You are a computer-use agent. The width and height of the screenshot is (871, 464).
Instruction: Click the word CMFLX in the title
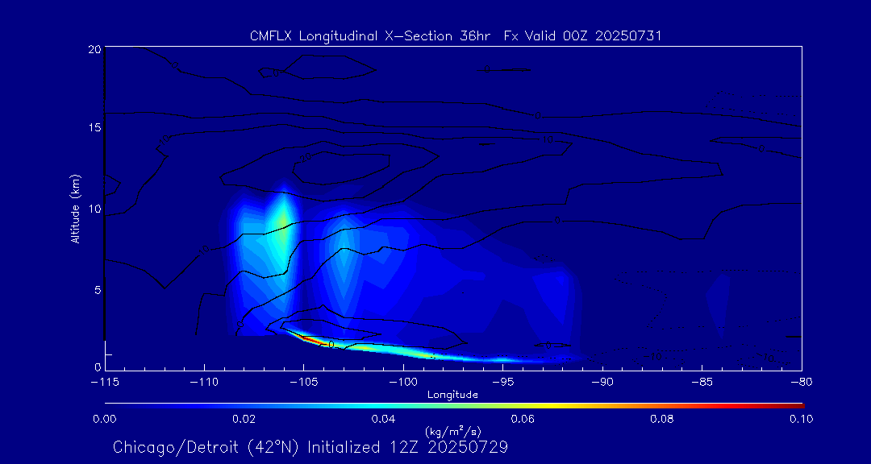[x=273, y=36]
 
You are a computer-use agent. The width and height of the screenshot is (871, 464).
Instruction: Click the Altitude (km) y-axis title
[x=76, y=209]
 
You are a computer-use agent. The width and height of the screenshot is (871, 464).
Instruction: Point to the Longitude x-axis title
[x=452, y=395]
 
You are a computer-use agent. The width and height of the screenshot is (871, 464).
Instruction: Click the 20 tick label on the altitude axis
[x=93, y=49]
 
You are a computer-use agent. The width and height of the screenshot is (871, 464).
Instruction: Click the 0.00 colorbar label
[x=105, y=419]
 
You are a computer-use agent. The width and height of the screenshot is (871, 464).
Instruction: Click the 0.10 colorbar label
[x=801, y=419]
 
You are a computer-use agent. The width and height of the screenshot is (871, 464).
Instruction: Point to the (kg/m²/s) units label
[x=452, y=432]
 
